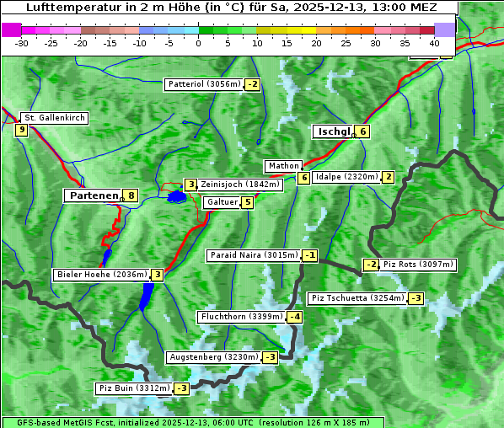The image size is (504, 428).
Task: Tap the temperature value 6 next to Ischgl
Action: (362, 131)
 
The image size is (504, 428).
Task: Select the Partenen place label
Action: (94, 195)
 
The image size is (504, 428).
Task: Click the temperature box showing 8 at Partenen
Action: (131, 195)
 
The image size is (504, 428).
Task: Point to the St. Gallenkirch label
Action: (54, 118)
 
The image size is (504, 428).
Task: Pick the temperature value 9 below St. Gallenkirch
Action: (20, 130)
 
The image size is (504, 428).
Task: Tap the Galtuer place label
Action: (222, 202)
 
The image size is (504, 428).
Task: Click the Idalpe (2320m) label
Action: (346, 177)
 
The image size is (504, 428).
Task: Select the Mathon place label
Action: (282, 166)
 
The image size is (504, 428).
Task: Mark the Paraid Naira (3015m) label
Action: (254, 255)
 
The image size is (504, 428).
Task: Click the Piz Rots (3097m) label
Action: (418, 265)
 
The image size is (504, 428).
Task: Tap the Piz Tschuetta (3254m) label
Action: (357, 298)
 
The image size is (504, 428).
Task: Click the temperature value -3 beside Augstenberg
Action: (270, 357)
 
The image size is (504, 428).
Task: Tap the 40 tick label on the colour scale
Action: (434, 42)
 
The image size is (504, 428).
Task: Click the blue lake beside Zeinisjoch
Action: (176, 197)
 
